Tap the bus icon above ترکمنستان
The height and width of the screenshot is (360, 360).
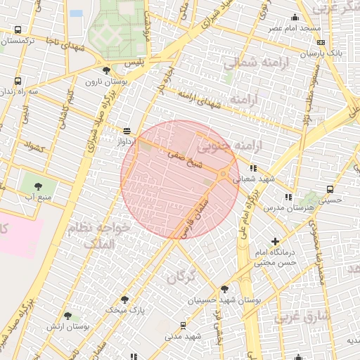pos(17,30)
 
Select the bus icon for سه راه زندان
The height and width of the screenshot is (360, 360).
pos(16,81)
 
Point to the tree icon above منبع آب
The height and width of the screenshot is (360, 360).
pos(38,186)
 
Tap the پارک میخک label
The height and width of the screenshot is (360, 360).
pos(124,309)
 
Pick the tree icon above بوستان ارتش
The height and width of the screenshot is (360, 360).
pos(67,316)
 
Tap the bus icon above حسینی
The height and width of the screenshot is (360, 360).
pos(330,189)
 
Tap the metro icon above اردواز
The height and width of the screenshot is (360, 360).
pos(127,130)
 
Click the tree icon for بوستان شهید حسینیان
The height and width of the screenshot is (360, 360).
pos(224,288)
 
